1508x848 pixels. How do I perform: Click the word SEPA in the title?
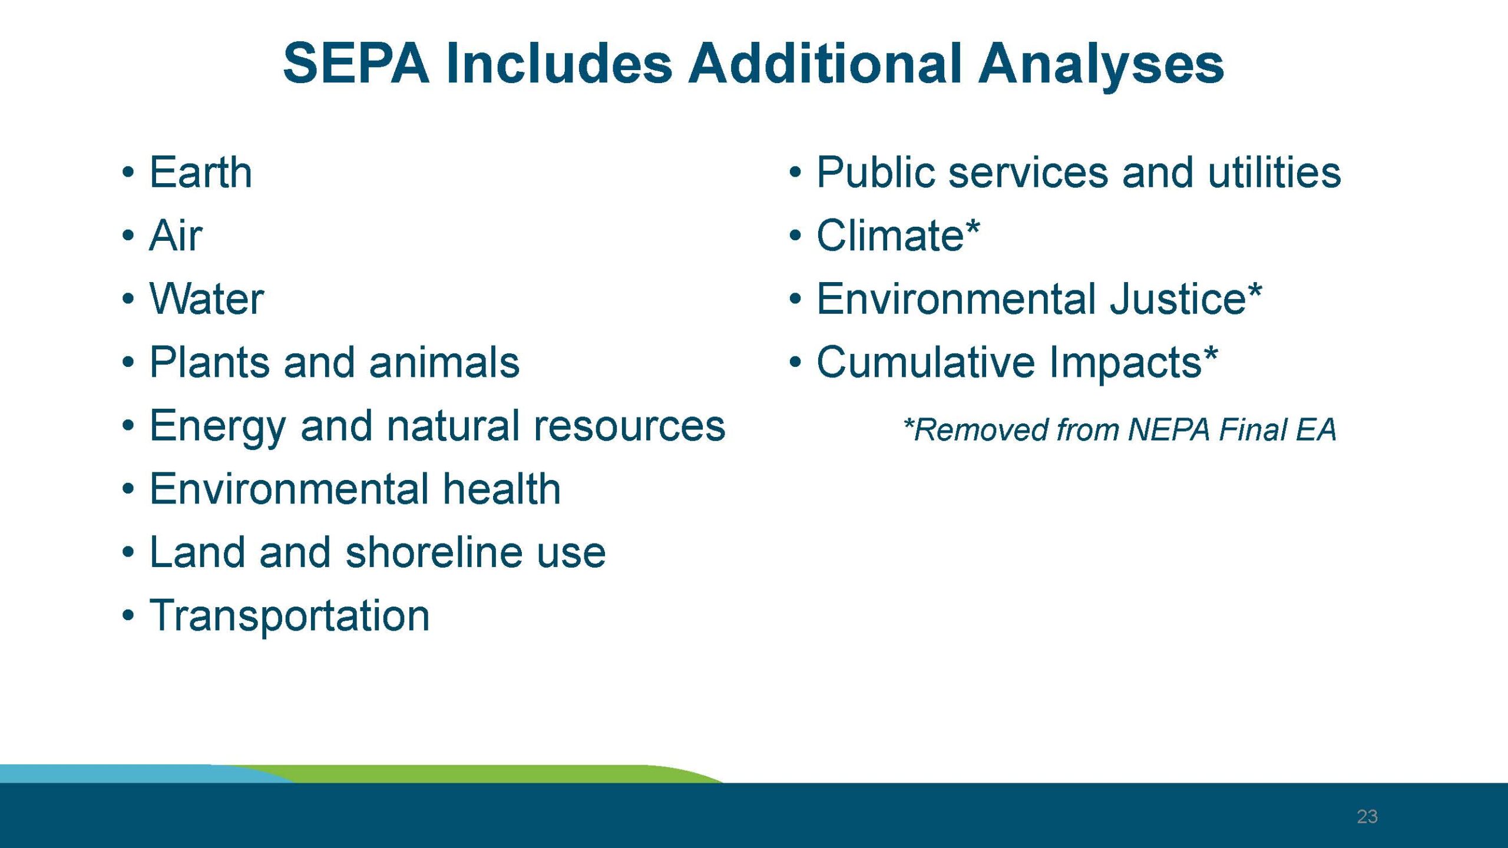(356, 64)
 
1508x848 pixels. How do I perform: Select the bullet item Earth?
(201, 173)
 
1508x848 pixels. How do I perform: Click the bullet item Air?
(176, 236)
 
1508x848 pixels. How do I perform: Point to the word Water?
(207, 299)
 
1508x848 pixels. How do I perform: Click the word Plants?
(209, 362)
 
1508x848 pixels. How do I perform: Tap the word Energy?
(217, 426)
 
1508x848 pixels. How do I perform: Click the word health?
(501, 489)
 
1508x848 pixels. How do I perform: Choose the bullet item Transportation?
(289, 616)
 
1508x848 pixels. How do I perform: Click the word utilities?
(1274, 173)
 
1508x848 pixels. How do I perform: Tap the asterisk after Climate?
(973, 227)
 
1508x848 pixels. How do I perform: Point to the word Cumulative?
(925, 362)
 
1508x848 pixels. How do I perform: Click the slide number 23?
(1367, 816)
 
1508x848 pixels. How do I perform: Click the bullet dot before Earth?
(128, 173)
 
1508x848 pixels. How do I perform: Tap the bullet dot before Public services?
(795, 173)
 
